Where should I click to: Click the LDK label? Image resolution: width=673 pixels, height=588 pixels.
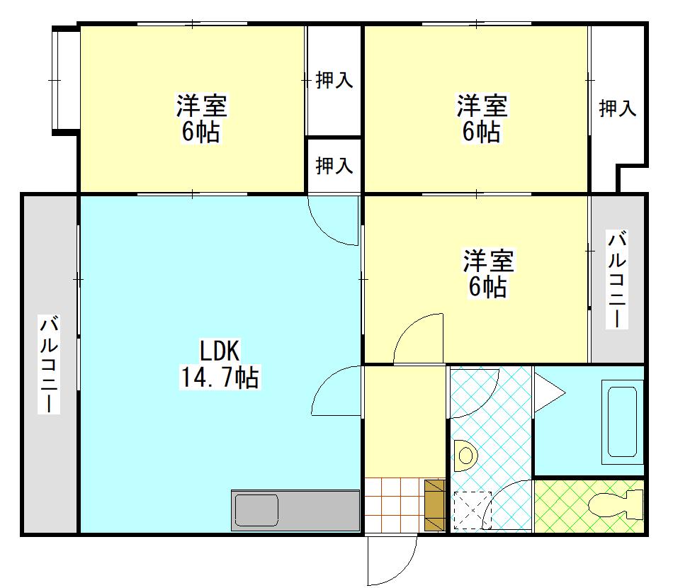[x=220, y=351]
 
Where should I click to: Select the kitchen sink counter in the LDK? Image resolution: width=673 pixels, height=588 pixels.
[x=295, y=510]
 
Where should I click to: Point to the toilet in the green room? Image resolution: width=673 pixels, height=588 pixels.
[x=613, y=505]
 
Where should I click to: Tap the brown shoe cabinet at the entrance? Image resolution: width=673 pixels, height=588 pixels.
[x=434, y=505]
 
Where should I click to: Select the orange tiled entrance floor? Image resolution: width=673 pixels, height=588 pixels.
[x=394, y=505]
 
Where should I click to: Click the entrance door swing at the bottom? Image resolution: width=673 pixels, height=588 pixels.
[x=391, y=560]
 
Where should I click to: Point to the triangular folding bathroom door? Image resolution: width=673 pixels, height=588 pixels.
[x=548, y=391]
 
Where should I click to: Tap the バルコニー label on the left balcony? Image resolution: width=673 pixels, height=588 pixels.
[x=50, y=365]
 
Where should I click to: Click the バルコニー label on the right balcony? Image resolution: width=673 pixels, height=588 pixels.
[x=616, y=278]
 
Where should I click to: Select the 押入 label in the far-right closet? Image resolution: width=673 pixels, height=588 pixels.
[x=617, y=108]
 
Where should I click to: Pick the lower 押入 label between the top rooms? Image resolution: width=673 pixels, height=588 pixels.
[x=334, y=166]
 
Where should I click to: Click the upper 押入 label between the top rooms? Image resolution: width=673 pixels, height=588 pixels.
[x=334, y=80]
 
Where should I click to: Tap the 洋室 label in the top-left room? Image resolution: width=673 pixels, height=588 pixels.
[x=202, y=106]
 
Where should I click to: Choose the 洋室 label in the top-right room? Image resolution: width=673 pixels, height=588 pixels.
[x=482, y=106]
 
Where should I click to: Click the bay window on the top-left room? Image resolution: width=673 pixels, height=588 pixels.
[x=64, y=79]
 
